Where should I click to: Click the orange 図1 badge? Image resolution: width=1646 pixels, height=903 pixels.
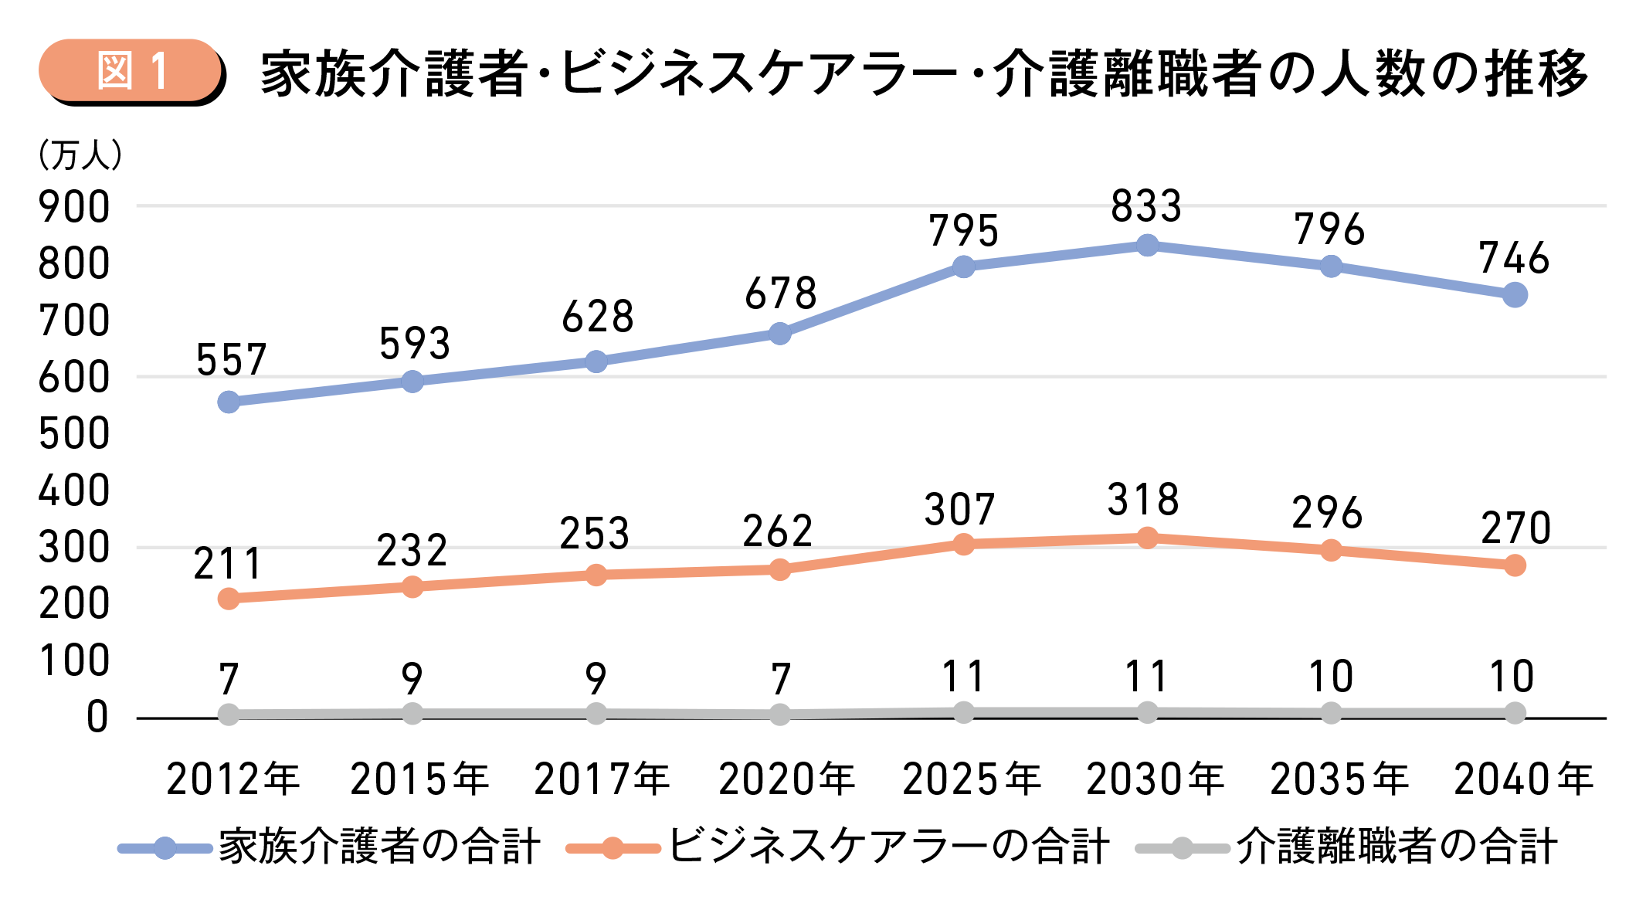pos(131,71)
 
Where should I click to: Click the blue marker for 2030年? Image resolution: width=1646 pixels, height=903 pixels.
pos(1147,246)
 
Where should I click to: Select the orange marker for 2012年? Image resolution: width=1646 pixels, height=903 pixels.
pos(229,599)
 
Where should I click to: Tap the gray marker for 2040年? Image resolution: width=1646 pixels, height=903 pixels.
pos(1515,713)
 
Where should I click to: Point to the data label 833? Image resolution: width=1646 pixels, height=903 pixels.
pos(1146,206)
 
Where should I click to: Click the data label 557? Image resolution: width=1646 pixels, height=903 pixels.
pos(231,360)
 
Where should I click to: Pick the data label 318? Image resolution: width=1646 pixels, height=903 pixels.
pos(1143,500)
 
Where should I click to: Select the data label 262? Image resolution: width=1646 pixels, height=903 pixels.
pos(777,531)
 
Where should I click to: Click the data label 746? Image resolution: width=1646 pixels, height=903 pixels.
pos(1514,258)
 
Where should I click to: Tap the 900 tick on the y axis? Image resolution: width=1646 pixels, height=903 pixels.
pos(74,208)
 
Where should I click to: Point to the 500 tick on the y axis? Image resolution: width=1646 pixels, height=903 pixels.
pos(74,434)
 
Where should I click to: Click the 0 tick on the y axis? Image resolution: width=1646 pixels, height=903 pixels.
pos(97,718)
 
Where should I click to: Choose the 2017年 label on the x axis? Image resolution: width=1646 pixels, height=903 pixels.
pos(602,779)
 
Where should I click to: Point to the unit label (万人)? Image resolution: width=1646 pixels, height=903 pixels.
pos(80,155)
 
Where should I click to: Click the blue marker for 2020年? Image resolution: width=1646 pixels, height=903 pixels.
pos(780,334)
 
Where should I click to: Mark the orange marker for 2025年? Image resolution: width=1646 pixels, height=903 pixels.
pos(963,545)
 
